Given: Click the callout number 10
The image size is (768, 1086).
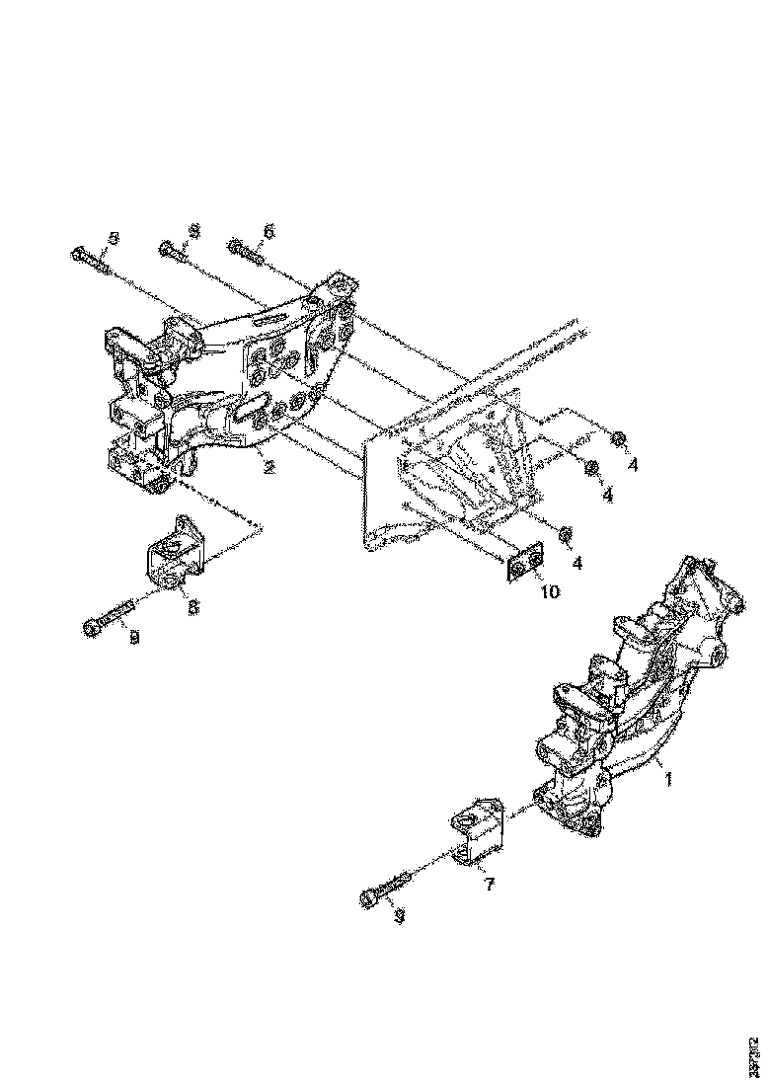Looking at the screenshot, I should click(549, 591).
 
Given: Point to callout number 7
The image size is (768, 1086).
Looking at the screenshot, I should click(488, 885).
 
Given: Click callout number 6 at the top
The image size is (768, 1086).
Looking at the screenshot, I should click(268, 230).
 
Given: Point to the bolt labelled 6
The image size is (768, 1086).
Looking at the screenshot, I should click(247, 253).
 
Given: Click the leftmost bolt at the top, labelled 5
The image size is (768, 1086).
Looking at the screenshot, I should click(91, 261).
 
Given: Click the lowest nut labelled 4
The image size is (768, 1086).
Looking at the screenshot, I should click(566, 534).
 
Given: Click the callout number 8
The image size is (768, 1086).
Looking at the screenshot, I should click(193, 607).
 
